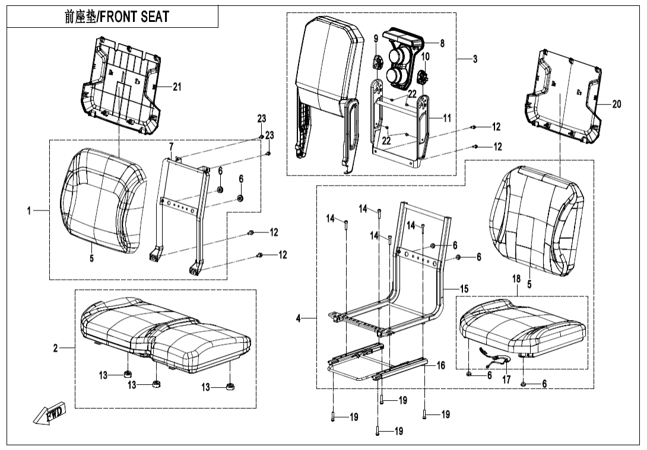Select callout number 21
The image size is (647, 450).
[177, 87]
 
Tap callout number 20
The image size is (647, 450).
[617, 104]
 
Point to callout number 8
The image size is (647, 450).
[442, 43]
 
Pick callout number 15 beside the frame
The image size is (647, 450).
[464, 288]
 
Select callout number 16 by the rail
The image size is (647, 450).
[440, 366]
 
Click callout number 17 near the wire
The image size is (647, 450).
[506, 380]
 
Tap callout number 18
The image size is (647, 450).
[516, 278]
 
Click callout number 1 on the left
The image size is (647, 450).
[29, 210]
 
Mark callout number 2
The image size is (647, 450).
[55, 348]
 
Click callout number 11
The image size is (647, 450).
[447, 118]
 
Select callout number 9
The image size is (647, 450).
[376, 39]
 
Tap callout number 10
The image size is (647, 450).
[425, 56]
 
